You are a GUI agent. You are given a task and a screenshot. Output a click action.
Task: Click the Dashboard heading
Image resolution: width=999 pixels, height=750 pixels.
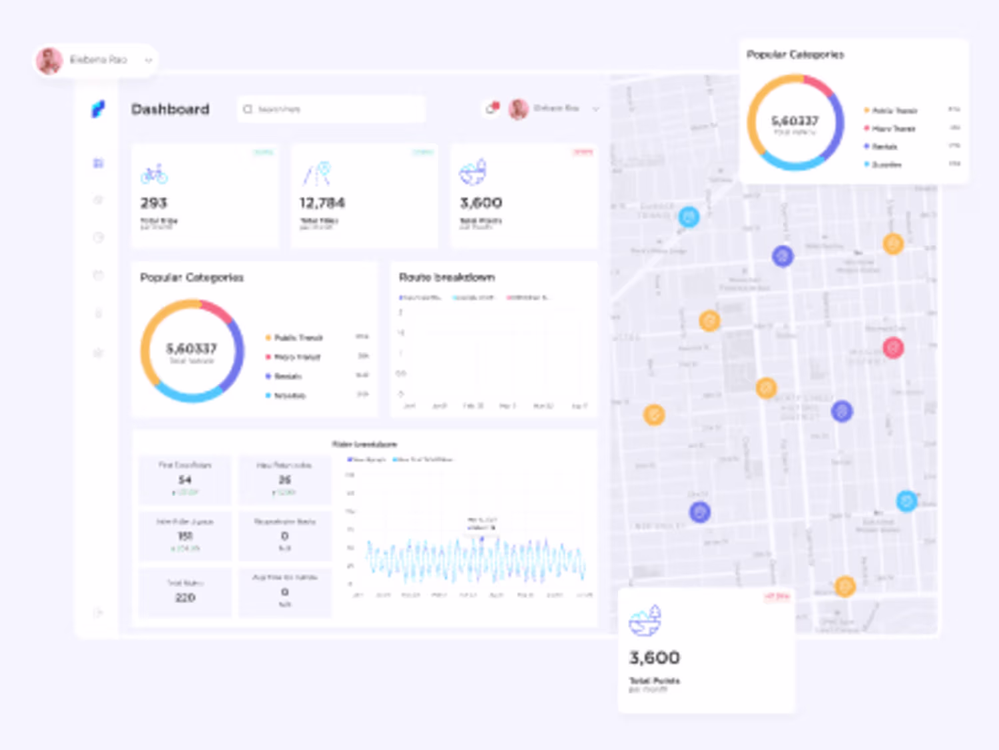click(170, 109)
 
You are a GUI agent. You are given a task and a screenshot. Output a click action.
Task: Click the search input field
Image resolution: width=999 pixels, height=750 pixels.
click(331, 109)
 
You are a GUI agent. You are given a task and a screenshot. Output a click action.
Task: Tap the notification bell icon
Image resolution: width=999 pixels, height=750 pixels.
click(492, 108)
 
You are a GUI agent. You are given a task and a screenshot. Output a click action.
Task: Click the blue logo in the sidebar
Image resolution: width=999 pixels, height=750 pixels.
click(98, 109)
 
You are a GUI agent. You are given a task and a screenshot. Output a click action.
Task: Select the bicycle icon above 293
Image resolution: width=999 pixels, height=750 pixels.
click(154, 174)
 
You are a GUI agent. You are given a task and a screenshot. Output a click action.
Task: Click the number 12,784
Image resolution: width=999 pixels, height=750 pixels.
click(322, 203)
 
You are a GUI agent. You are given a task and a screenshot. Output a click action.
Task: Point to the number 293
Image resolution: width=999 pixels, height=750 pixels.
click(154, 203)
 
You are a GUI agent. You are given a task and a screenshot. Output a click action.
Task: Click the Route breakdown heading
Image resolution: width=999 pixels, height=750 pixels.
click(447, 277)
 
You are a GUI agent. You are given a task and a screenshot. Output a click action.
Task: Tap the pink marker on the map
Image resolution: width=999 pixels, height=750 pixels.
click(893, 347)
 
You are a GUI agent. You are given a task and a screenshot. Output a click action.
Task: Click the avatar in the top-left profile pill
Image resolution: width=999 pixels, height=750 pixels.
click(49, 61)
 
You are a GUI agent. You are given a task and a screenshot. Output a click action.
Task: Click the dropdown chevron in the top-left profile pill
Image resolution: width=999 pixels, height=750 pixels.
click(149, 61)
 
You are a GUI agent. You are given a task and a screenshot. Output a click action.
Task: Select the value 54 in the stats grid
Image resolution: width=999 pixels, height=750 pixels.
click(185, 480)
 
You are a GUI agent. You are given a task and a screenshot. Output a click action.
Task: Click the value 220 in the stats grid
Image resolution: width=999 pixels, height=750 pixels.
click(185, 597)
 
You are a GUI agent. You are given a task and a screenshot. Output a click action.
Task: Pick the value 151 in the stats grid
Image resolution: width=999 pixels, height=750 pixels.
click(185, 536)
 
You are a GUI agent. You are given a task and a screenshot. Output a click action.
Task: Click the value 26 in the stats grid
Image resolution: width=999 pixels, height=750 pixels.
click(285, 480)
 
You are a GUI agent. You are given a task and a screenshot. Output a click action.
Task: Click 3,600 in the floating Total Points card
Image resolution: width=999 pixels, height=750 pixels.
click(655, 658)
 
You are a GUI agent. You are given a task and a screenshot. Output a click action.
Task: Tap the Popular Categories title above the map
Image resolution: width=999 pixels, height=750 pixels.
click(795, 55)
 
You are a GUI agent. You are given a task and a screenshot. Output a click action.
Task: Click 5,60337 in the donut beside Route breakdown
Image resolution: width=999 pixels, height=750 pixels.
click(192, 348)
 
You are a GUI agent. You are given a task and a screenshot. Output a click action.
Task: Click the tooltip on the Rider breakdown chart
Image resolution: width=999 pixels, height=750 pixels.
click(482, 524)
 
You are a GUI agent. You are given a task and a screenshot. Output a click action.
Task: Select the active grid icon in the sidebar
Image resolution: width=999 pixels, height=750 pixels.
click(99, 163)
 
